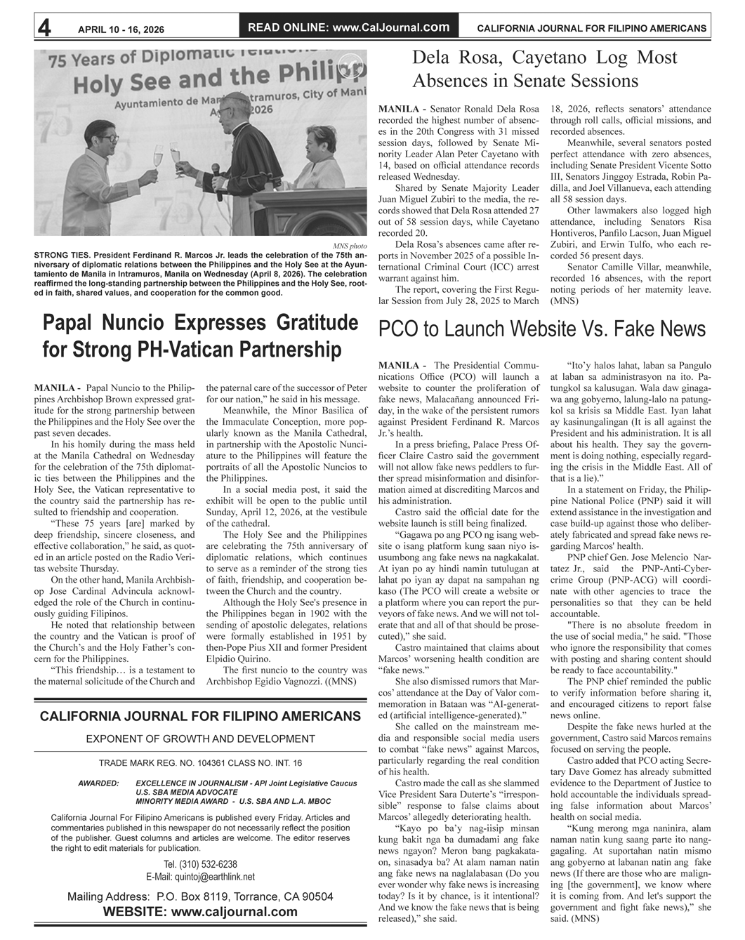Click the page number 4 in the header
pyautogui.click(x=44, y=27)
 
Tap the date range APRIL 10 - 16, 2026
pyautogui.click(x=121, y=29)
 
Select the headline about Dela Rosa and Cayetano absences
pyautogui.click(x=544, y=68)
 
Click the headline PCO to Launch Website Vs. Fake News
pyautogui.click(x=541, y=329)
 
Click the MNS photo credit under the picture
pyautogui.click(x=350, y=246)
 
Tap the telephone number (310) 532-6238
pyautogui.click(x=200, y=864)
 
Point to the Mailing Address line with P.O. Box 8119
pyautogui.click(x=200, y=896)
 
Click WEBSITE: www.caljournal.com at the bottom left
pyautogui.click(x=200, y=912)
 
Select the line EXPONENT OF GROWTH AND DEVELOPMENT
pyautogui.click(x=200, y=739)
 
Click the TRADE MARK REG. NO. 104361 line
pyautogui.click(x=200, y=763)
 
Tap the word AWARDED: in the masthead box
pyautogui.click(x=98, y=783)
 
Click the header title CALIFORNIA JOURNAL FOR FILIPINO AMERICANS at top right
pyautogui.click(x=591, y=29)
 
